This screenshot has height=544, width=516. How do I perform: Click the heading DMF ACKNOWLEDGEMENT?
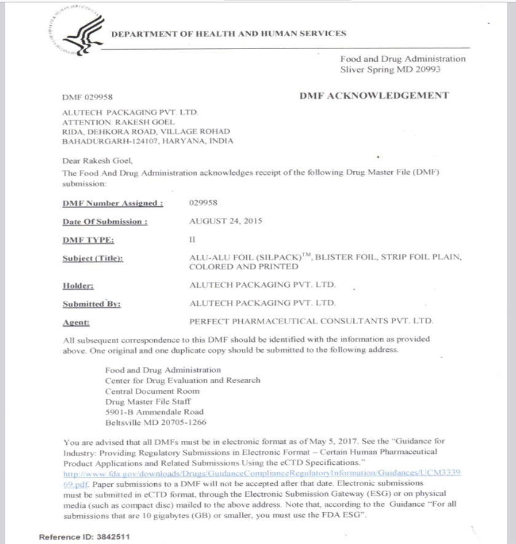(x=373, y=95)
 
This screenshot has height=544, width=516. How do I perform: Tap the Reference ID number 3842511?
(x=113, y=537)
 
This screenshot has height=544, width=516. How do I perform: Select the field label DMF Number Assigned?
(x=113, y=203)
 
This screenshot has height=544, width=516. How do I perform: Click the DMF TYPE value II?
(x=192, y=239)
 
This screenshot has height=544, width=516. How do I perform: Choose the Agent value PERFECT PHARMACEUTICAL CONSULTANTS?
(x=311, y=321)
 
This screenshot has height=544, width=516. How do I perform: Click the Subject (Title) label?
(x=93, y=258)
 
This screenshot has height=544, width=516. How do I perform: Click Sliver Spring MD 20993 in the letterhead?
(x=390, y=69)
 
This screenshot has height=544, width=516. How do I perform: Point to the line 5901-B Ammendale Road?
(x=154, y=412)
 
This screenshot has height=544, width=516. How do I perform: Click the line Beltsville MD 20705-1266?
(x=155, y=422)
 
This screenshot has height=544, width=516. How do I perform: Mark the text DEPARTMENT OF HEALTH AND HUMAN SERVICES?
(x=229, y=34)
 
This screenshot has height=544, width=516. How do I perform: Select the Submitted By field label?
(x=92, y=304)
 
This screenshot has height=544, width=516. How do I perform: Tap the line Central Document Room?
(x=152, y=391)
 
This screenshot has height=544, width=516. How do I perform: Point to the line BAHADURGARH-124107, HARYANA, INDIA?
(x=148, y=141)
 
